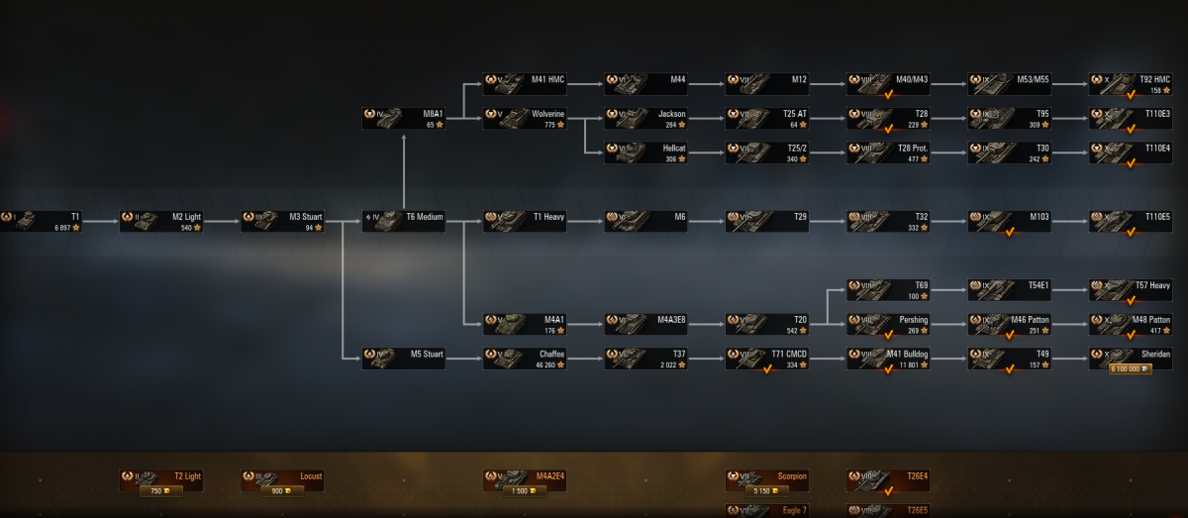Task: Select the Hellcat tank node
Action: [645, 153]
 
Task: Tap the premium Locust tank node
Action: [282, 480]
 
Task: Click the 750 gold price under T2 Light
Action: [158, 490]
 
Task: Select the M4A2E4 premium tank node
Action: [524, 480]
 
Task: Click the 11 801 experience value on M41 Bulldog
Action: [908, 364]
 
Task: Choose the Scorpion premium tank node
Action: [767, 480]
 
